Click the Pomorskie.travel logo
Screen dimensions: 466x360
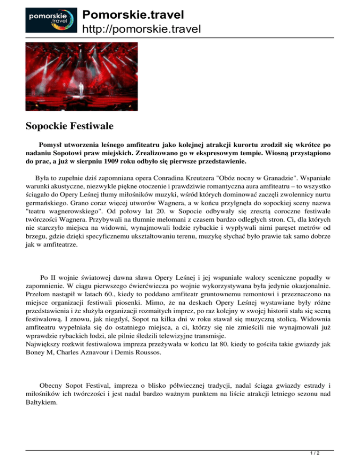(47, 19)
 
